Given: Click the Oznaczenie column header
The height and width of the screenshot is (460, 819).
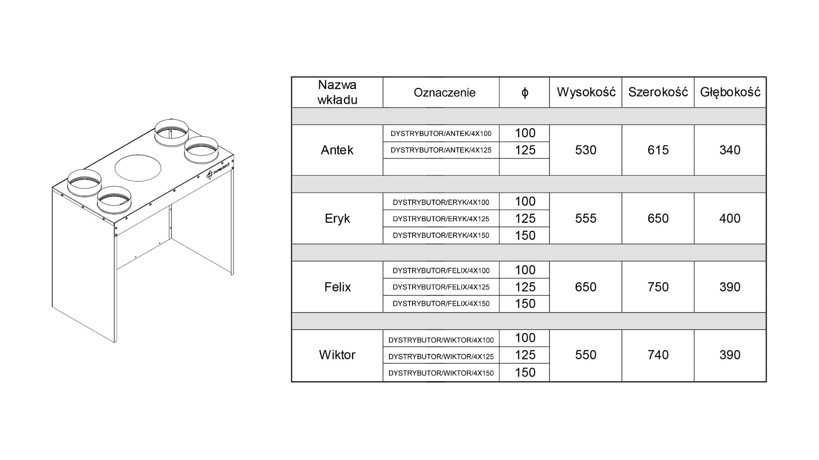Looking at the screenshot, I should (444, 93).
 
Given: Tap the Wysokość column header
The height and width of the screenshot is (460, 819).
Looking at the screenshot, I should (586, 92).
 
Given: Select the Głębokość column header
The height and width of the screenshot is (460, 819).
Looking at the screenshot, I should (730, 92).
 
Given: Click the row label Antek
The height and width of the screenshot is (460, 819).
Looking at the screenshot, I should (337, 150).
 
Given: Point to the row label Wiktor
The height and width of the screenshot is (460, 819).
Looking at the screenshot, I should (337, 355).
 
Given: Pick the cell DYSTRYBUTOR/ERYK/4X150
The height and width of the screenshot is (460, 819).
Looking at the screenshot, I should (441, 235).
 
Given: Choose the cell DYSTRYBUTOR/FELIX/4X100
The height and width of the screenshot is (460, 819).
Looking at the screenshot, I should (441, 270).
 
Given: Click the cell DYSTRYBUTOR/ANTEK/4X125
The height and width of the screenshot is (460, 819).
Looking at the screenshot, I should (441, 150).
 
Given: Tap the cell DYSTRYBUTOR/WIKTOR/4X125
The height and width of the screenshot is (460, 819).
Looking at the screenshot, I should (441, 356).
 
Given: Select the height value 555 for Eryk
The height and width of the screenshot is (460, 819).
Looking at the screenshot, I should (586, 218).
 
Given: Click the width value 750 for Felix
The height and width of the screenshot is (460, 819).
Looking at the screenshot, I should (658, 287).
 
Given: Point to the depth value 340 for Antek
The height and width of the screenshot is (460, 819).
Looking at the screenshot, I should (730, 150).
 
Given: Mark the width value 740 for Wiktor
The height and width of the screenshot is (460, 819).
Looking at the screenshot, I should (658, 355).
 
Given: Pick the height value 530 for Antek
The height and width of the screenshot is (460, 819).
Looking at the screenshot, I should (586, 150).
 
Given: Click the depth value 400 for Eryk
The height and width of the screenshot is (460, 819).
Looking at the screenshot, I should (730, 218).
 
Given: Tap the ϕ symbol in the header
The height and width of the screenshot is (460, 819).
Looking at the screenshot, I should (525, 93).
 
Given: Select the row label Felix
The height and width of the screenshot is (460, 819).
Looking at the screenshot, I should (337, 287).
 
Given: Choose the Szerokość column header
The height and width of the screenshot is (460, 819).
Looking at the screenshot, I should (658, 92).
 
